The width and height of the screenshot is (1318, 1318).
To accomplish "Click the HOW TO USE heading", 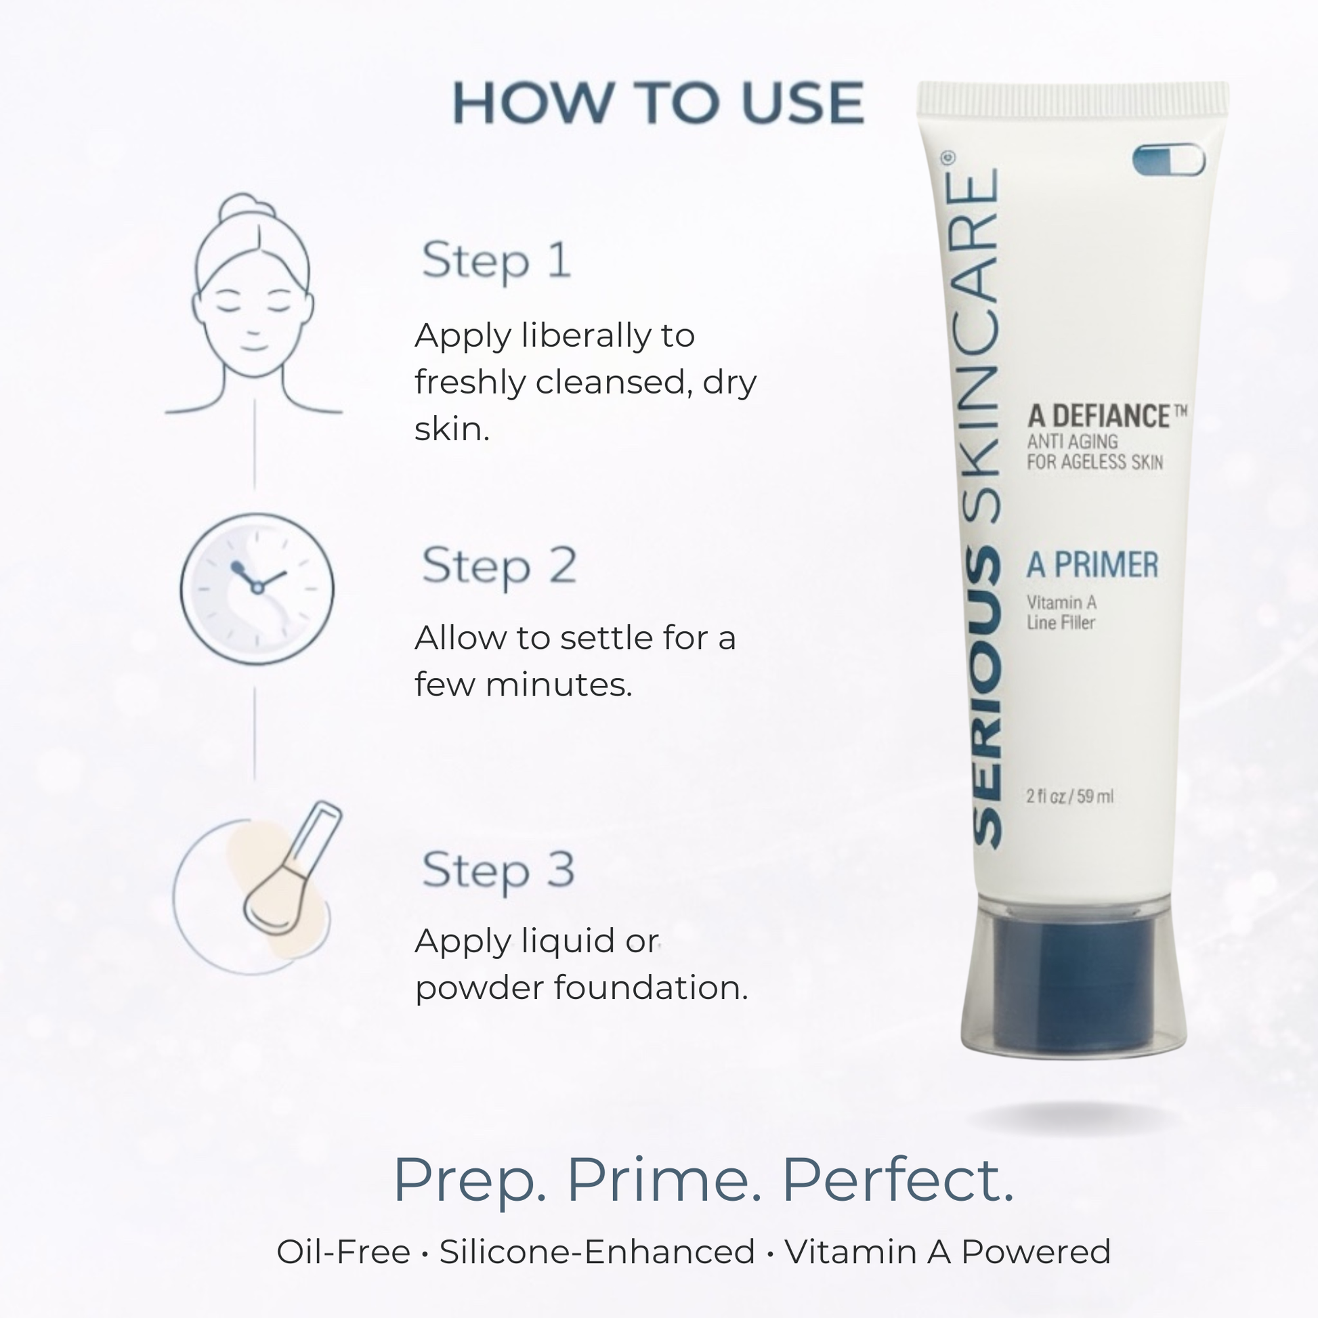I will point(658,103).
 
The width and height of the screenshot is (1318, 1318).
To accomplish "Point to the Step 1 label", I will point(496,261).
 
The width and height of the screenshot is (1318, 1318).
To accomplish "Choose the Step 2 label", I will point(498,566).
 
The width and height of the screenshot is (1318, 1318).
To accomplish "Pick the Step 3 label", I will point(498,871).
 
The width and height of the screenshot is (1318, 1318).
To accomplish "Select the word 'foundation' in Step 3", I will point(651,987).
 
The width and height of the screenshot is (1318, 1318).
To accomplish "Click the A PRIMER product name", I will point(1092,565).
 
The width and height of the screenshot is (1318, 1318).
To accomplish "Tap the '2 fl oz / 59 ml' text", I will point(1069,796).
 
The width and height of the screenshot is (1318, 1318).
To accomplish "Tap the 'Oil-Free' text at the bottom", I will point(343,1252).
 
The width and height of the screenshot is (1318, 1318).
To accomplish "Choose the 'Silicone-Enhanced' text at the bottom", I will point(597,1252).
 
